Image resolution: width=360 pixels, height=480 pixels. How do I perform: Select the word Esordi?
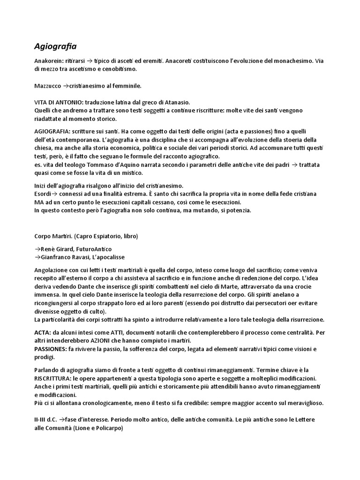point(43,194)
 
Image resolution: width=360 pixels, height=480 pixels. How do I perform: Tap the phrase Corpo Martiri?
point(52,235)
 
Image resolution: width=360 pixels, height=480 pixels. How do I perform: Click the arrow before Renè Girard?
point(37,249)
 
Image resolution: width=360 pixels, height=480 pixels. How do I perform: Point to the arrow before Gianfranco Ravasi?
point(37,257)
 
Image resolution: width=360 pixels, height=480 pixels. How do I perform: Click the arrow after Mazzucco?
point(66,86)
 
